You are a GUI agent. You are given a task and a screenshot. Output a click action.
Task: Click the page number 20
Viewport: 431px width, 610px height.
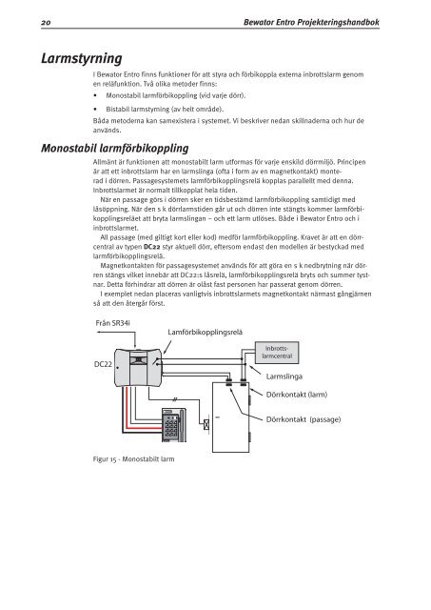click(46, 23)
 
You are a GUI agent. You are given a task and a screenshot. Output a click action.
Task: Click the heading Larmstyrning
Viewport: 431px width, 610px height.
click(82, 58)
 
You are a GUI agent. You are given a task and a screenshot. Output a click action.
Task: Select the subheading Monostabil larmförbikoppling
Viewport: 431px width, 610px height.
click(115, 149)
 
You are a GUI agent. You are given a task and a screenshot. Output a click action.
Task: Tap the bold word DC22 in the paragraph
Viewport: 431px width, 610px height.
click(151, 247)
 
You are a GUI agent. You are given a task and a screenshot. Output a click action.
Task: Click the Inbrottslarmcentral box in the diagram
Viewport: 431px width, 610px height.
click(277, 353)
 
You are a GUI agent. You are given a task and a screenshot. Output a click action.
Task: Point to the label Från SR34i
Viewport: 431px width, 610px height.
click(112, 323)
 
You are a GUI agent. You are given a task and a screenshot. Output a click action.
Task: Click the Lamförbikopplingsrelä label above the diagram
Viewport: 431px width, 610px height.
click(205, 332)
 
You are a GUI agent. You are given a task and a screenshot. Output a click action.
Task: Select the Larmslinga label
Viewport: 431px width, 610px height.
click(284, 376)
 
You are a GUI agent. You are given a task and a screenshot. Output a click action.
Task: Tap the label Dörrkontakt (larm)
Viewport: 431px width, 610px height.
click(297, 395)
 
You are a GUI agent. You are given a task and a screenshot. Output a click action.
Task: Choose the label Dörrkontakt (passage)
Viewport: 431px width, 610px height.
click(304, 419)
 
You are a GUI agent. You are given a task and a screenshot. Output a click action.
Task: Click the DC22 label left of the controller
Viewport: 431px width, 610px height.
click(103, 364)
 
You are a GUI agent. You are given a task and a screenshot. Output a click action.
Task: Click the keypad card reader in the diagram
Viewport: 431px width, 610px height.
click(173, 425)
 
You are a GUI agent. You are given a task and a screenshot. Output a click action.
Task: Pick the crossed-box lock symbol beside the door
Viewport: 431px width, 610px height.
click(206, 425)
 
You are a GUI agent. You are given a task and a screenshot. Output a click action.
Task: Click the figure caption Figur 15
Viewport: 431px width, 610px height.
click(133, 459)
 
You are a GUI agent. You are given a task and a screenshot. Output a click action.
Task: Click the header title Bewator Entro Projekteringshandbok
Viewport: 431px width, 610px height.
click(311, 23)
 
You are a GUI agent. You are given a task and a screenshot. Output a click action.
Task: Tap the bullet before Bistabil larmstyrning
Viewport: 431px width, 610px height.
click(95, 110)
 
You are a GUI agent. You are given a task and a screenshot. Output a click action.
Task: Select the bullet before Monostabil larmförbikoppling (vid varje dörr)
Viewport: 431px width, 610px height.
click(95, 95)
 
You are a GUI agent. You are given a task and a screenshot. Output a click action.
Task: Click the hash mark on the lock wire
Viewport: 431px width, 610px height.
click(175, 399)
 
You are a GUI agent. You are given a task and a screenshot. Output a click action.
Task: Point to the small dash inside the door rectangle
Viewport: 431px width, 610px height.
click(218, 417)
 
